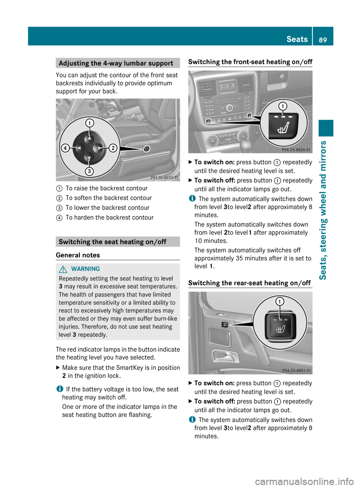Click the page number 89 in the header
(x=323, y=40)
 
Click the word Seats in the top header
(x=297, y=39)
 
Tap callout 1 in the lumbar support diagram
(x=90, y=123)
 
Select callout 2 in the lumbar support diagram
(x=113, y=148)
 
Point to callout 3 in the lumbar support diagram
(x=89, y=172)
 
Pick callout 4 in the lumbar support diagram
(x=65, y=148)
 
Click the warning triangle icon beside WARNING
(x=63, y=269)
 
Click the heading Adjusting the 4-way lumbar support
(x=116, y=63)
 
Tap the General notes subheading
(x=78, y=255)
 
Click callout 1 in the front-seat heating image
(x=283, y=106)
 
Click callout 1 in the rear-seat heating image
(x=280, y=301)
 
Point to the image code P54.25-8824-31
(x=296, y=150)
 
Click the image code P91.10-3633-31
(x=164, y=178)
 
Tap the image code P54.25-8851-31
(x=296, y=371)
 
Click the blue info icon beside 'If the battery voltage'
(x=59, y=389)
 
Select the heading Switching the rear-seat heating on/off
(x=249, y=283)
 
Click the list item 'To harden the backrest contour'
(x=109, y=217)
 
